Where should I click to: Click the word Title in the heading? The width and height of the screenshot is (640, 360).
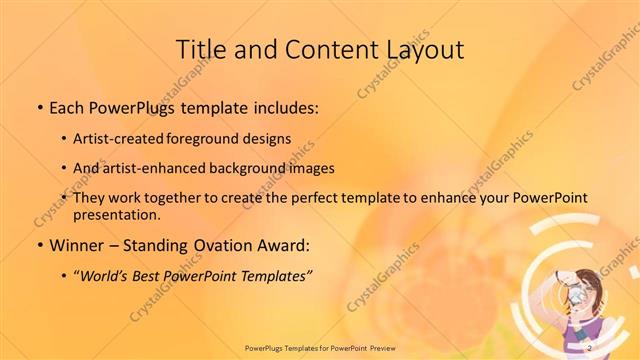pyautogui.click(x=201, y=49)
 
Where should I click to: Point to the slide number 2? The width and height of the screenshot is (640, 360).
pyautogui.click(x=590, y=346)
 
